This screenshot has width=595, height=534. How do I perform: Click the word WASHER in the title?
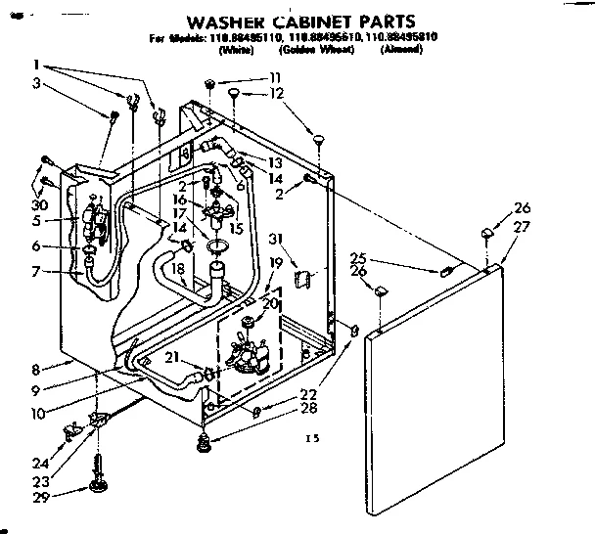[x=231, y=21]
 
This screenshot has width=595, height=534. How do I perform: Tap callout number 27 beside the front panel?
[x=521, y=226]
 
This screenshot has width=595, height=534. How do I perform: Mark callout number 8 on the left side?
[x=36, y=369]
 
